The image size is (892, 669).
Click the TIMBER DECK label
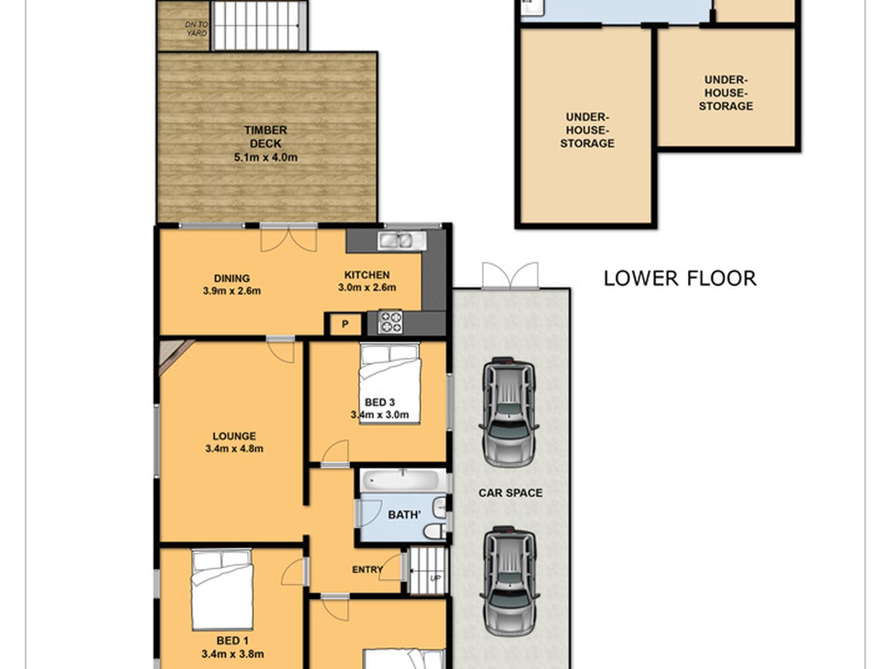click(x=266, y=137)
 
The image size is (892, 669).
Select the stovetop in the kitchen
click(x=390, y=322)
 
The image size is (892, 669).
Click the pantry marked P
click(x=345, y=324)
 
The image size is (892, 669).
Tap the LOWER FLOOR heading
click(x=679, y=278)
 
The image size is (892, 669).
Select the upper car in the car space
click(x=509, y=412)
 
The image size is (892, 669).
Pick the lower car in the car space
click(x=509, y=581)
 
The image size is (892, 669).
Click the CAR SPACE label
click(x=510, y=493)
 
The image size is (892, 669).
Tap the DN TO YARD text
click(x=196, y=29)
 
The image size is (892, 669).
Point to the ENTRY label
click(x=368, y=569)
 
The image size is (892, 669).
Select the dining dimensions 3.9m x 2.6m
click(x=232, y=291)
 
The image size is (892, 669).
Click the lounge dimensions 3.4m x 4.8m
click(x=234, y=449)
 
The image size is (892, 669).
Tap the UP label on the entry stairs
click(x=435, y=578)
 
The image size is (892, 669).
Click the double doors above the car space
click(x=510, y=275)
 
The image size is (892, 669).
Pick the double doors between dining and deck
click(x=289, y=238)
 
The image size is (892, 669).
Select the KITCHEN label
click(x=367, y=275)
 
